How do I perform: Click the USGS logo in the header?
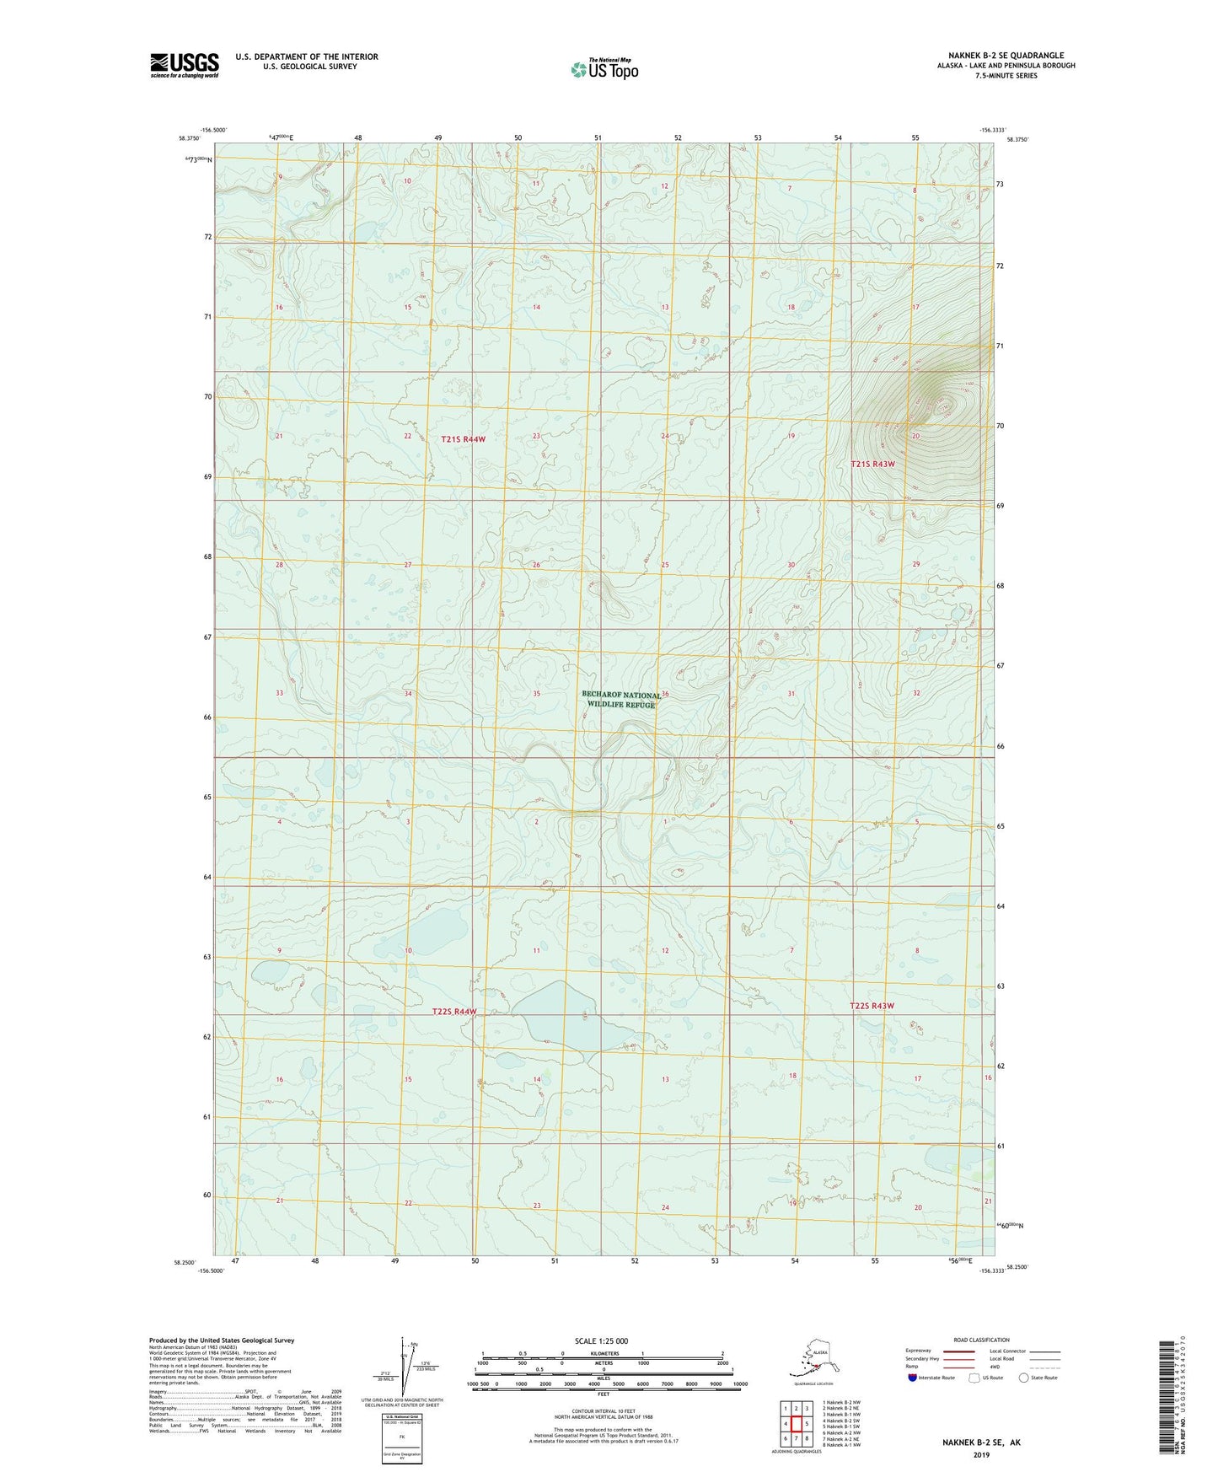pos(184,65)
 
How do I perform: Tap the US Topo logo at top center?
pos(604,69)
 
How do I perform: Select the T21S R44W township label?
pos(463,439)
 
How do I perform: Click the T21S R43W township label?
pos(872,464)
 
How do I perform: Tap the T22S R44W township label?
pos(454,1011)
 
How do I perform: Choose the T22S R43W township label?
pos(872,1006)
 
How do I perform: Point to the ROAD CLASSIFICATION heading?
pos(980,1340)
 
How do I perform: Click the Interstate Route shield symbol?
pos(913,1378)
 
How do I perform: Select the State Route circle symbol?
pos(1024,1378)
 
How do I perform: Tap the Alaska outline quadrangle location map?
pos(814,1358)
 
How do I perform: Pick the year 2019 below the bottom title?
pos(981,1454)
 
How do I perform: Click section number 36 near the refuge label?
pos(665,694)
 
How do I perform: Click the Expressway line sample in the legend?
pos(958,1351)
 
